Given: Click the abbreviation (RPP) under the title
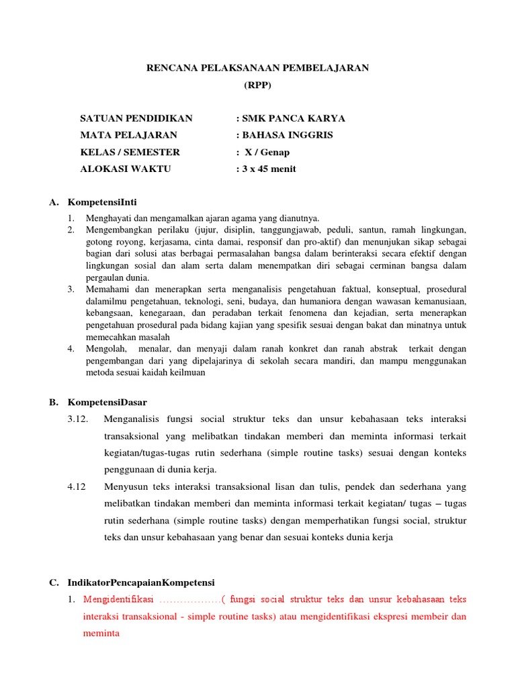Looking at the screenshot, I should click(x=258, y=85).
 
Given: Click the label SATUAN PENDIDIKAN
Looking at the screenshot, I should click(x=136, y=118).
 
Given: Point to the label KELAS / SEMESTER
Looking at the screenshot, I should click(x=130, y=152).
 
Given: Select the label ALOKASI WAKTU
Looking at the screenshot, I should click(x=126, y=169).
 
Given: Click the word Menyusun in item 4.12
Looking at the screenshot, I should click(x=124, y=486).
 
